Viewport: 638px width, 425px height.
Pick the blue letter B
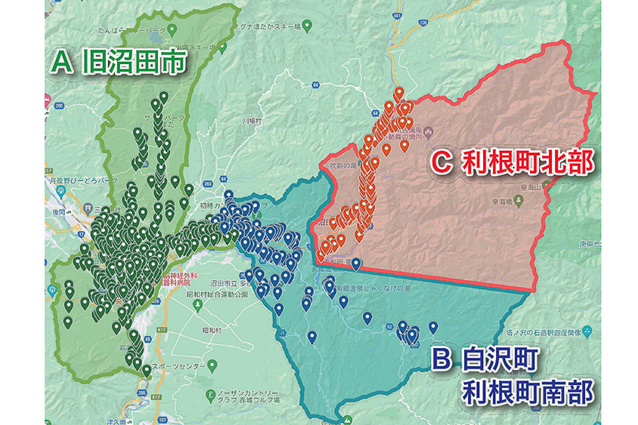click(443, 359)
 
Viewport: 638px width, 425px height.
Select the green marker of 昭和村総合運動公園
click(196, 305)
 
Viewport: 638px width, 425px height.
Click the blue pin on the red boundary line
click(356, 263)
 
